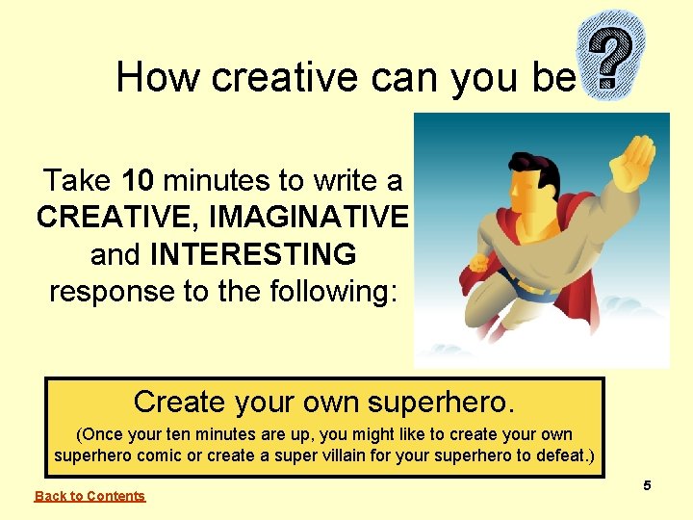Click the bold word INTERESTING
pyautogui.click(x=253, y=254)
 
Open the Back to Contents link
pyautogui.click(x=90, y=496)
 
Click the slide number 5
pyautogui.click(x=648, y=485)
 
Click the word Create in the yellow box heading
pyautogui.click(x=179, y=401)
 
